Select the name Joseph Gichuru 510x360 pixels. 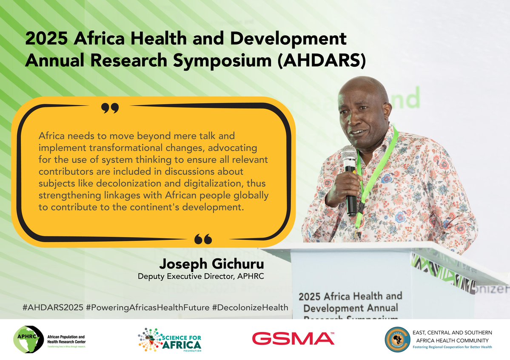point(214,264)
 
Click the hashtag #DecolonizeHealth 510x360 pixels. point(250,307)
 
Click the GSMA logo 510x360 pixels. point(293,338)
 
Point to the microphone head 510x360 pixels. point(349,153)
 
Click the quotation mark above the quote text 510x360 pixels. point(111,109)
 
